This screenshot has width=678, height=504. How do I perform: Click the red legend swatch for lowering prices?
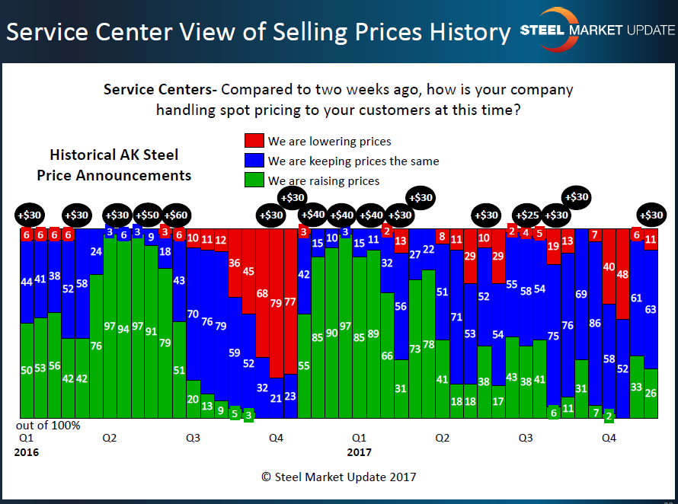[x=254, y=141]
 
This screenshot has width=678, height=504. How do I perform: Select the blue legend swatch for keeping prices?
[x=254, y=161]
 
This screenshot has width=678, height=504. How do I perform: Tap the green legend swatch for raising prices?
[x=254, y=180]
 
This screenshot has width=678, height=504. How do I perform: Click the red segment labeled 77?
[x=290, y=301]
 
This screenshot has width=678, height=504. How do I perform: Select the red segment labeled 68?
[x=262, y=293]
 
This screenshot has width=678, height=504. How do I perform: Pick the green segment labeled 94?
[x=123, y=329]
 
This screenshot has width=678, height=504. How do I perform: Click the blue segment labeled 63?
[x=651, y=309]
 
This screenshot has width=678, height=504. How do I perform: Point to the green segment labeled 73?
[x=414, y=349]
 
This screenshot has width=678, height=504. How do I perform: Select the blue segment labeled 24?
[x=96, y=251]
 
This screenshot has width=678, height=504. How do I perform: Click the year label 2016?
[x=26, y=452]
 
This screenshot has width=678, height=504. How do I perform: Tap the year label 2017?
[x=359, y=452]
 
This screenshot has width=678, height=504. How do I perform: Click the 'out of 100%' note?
[x=47, y=425]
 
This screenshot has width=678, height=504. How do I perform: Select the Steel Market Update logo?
[x=597, y=30]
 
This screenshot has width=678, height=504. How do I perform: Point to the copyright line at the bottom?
[x=338, y=477]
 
